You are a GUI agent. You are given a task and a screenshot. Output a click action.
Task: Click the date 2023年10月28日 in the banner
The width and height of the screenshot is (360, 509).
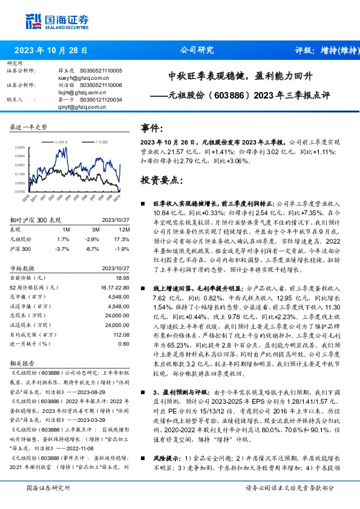tap(50, 51)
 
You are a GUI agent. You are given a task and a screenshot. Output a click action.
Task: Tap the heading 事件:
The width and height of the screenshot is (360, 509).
tap(153, 128)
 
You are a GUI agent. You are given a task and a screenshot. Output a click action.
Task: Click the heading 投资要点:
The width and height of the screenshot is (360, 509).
tap(160, 180)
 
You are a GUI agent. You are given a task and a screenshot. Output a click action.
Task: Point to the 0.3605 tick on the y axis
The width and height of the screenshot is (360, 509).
tap(20, 147)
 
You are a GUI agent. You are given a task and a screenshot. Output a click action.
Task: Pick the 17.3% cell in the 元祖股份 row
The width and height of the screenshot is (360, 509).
tap(121, 239)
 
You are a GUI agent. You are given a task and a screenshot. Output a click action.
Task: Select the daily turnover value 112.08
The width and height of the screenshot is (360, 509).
tap(121, 334)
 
